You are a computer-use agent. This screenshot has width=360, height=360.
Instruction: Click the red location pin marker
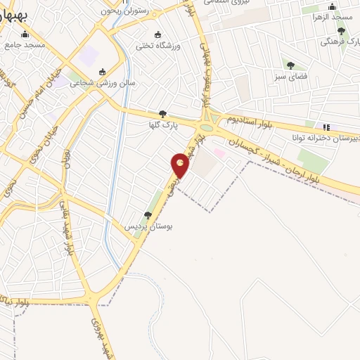(x=181, y=166)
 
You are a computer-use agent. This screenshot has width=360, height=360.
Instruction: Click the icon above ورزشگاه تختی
(x=157, y=34)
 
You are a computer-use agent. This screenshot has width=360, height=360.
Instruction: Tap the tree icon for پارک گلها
(x=162, y=113)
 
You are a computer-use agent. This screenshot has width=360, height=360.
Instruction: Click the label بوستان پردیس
(x=148, y=227)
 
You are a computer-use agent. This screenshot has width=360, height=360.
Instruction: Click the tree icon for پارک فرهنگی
(x=341, y=31)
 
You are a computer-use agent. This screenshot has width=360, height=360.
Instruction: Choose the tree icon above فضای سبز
(x=290, y=65)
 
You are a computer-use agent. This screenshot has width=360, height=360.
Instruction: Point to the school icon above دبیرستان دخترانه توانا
(x=325, y=127)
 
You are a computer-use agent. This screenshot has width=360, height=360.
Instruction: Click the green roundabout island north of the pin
(x=207, y=128)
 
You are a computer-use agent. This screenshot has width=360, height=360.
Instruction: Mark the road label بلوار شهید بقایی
(x=69, y=240)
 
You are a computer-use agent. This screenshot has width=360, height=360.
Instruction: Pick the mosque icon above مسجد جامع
(x=26, y=34)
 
